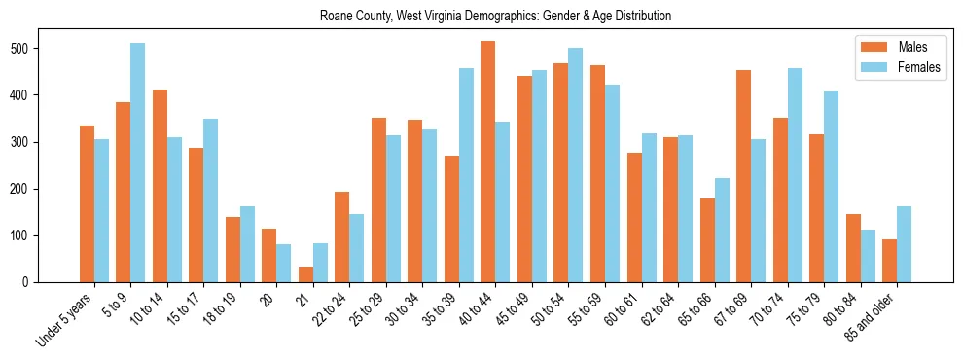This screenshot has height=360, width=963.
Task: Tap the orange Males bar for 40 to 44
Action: coord(488,162)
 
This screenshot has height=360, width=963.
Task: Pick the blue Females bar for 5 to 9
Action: coord(138,162)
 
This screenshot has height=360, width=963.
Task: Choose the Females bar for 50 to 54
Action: coord(576,164)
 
